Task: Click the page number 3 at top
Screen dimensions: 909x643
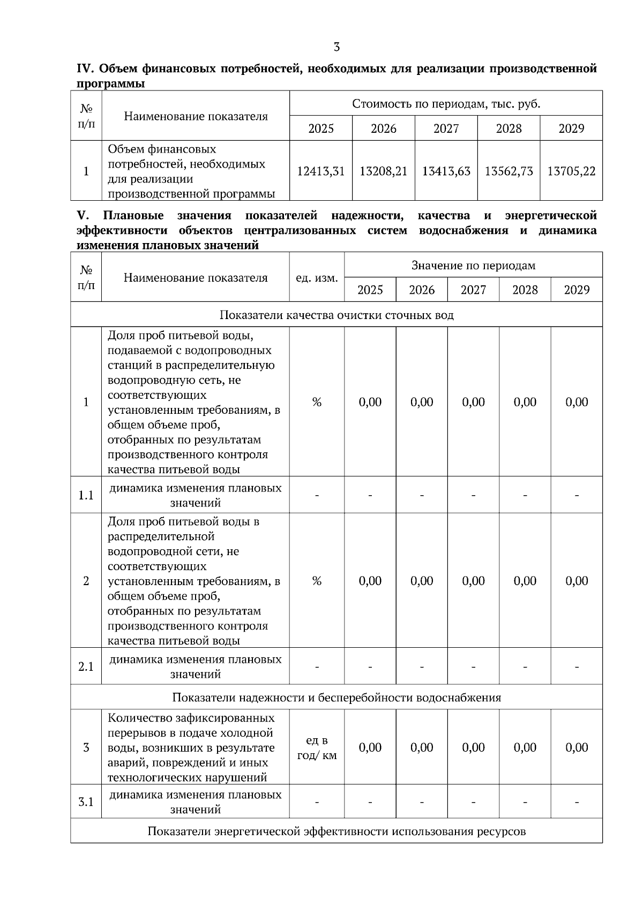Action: coord(337,47)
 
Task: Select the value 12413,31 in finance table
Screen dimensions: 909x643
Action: coord(320,171)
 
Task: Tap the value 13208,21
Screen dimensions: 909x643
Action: coord(383,171)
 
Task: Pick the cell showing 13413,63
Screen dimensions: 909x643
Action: coord(446,171)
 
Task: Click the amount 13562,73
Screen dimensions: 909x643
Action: coord(509,171)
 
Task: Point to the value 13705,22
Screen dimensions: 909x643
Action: coord(571,171)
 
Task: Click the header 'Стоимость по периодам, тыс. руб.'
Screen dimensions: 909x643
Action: coord(446,103)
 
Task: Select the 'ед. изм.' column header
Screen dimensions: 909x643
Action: coord(317,278)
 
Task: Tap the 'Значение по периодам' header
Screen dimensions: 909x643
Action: coord(473,265)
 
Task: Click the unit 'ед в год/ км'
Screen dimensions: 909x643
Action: coord(317,747)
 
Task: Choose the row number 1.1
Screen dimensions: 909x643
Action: coord(86,495)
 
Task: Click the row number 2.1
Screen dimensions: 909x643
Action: coord(86,666)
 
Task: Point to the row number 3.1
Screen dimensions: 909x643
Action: coord(86,802)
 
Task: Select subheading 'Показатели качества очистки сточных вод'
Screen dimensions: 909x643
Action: coord(337,315)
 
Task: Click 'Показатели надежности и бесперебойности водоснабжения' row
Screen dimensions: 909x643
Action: coord(337,698)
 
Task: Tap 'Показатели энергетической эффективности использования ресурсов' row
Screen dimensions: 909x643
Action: coord(337,831)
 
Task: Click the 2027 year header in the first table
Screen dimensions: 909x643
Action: coord(446,128)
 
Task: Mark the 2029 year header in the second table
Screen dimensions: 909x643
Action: coord(577,290)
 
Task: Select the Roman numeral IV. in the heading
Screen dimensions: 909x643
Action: coord(85,69)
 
